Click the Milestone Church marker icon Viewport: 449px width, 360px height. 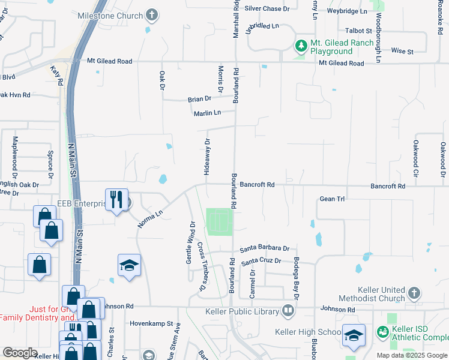coord(152,16)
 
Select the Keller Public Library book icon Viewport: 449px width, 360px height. coord(288,311)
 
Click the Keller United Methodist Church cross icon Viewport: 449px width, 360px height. coord(413,293)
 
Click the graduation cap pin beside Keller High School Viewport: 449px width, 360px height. coord(354,335)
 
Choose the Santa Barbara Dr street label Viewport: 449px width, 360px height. coord(265,248)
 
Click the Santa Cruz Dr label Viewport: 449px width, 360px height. coord(261,262)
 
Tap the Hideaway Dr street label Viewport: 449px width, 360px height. coord(207,157)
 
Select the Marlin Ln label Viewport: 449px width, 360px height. coord(207,113)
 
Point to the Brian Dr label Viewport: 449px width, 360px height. coord(199,99)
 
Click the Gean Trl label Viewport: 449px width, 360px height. coord(332,199)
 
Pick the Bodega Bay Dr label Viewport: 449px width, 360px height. coord(296,278)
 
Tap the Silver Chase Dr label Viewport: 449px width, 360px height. coord(267,9)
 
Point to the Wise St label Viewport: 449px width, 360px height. coord(402,52)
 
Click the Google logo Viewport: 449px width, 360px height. coord(20,353)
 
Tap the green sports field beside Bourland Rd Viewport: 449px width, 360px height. coord(219,222)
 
